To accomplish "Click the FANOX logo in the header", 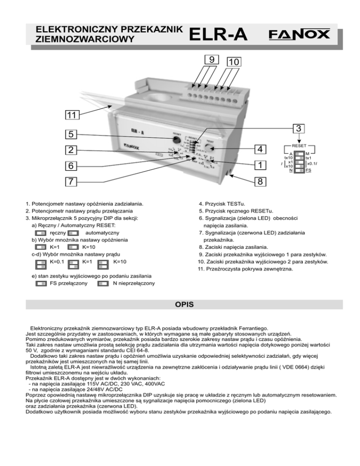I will pyautogui.click(x=299, y=35).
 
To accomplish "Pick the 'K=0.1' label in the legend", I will pyautogui.click(x=58, y=261).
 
